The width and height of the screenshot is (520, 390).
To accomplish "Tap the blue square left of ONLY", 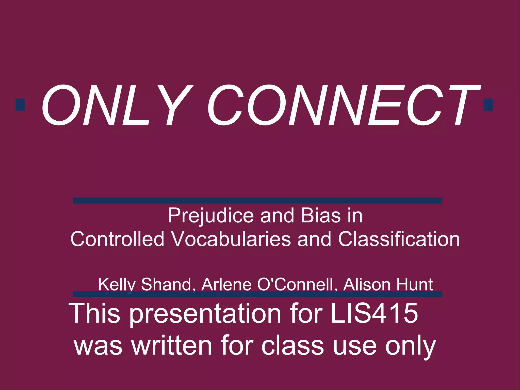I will coord(20,105).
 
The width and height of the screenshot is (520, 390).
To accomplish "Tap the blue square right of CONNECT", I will coord(488,105).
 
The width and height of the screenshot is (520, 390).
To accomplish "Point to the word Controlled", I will coord(117,239).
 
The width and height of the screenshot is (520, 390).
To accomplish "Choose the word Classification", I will coord(399,239).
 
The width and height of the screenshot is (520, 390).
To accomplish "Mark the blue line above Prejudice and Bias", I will coord(257,201).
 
